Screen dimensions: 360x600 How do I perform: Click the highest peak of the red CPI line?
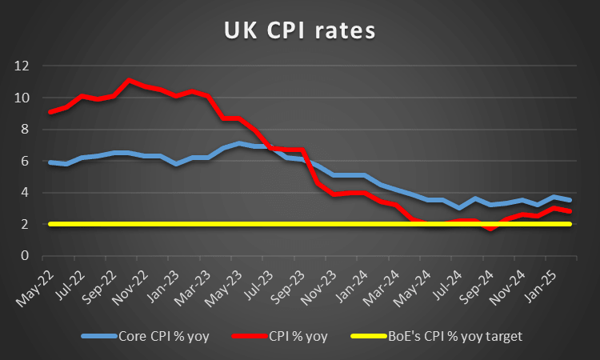[x=130, y=80]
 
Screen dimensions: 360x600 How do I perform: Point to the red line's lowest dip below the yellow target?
[x=491, y=229]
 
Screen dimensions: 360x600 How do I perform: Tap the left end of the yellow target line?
[x=51, y=224]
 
